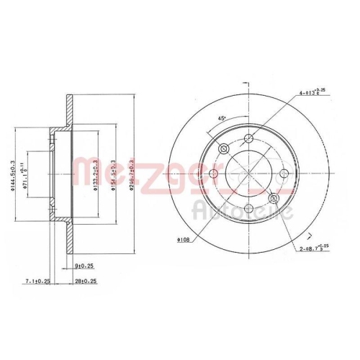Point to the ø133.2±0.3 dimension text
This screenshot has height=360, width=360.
[x=97, y=173]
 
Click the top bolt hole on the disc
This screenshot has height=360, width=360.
[x=248, y=138]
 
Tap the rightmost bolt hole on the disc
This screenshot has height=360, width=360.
[x=284, y=174]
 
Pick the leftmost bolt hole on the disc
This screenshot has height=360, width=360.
[x=214, y=174]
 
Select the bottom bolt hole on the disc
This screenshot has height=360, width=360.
[x=248, y=208]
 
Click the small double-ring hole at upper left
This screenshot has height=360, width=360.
[x=224, y=149]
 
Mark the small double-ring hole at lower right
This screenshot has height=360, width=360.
[x=273, y=198]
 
